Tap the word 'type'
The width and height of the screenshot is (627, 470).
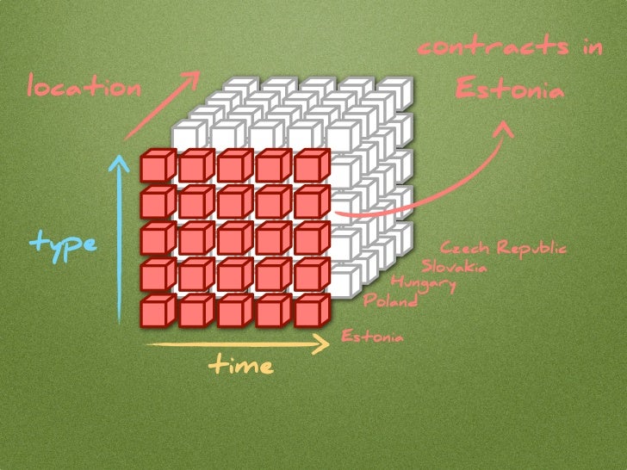pos(64,244)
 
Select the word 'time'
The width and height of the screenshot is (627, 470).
pos(240,366)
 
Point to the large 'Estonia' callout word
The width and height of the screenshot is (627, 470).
pos(509,88)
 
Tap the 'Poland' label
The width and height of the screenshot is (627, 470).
pos(390,300)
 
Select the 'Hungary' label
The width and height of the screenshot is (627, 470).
pos(422,282)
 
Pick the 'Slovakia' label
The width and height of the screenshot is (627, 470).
pos(453,265)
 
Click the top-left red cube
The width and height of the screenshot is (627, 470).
pos(158,165)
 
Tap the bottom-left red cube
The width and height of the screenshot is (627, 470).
pos(158,311)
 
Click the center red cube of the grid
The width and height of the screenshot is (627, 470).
pos(235,238)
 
